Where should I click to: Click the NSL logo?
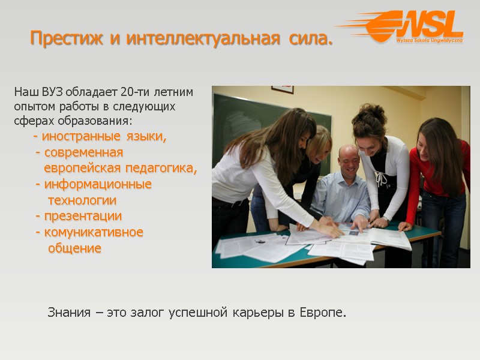pyautogui.click(x=414, y=28)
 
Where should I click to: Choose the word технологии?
pyautogui.click(x=82, y=200)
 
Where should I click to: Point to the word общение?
pyautogui.click(x=75, y=248)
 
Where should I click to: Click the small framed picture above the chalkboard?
pyautogui.click(x=282, y=89)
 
